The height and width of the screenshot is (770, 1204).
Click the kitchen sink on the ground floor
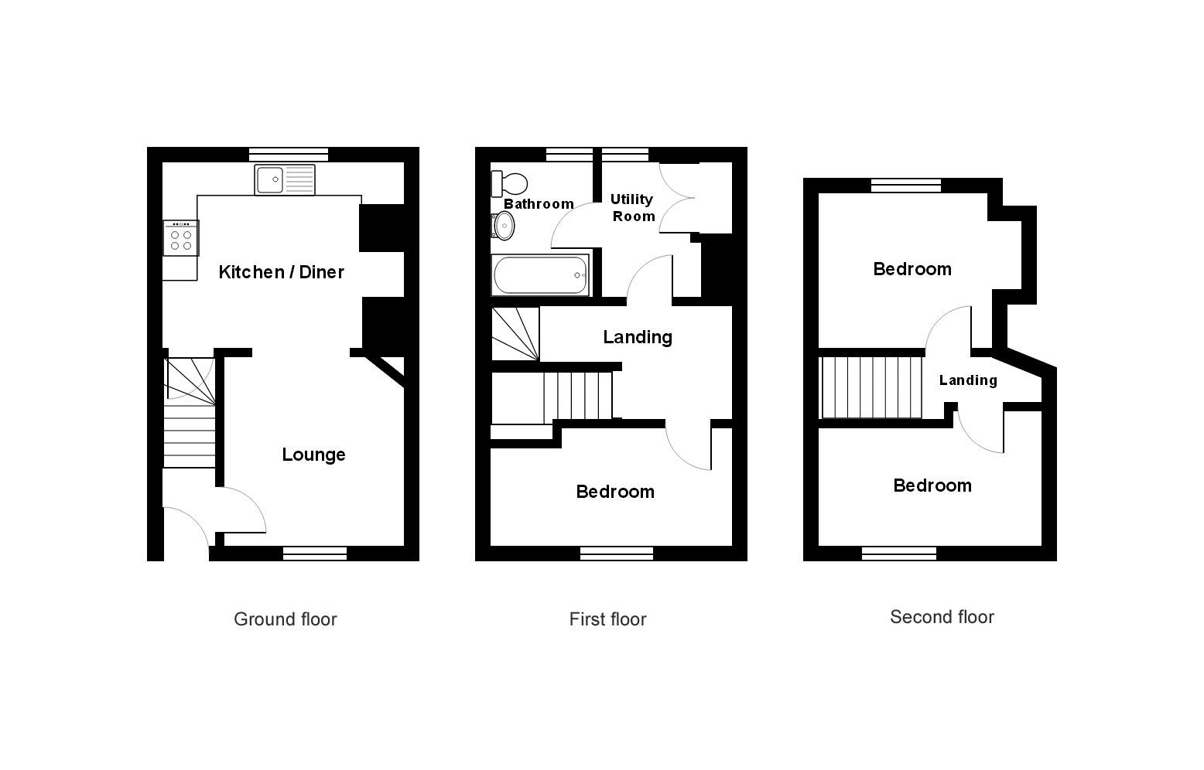click(x=284, y=179)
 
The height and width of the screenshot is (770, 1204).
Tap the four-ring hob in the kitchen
click(x=181, y=238)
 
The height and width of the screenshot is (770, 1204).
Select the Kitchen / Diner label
click(x=281, y=272)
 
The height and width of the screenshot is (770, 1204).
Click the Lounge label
click(x=313, y=455)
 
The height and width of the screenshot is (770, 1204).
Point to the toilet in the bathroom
click(x=509, y=184)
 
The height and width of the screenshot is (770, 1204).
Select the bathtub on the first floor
click(x=540, y=275)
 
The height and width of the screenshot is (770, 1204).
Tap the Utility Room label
click(x=633, y=208)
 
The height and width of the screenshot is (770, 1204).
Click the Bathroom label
click(x=539, y=204)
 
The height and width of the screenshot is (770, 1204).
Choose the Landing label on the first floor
click(x=638, y=337)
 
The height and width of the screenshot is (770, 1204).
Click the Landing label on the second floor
click(x=968, y=380)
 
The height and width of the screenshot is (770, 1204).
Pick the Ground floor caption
click(x=286, y=619)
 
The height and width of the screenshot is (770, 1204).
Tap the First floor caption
click(x=608, y=619)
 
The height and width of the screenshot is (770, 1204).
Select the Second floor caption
click(x=942, y=617)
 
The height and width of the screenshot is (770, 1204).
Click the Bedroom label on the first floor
click(x=615, y=492)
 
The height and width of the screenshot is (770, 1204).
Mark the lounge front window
click(x=315, y=554)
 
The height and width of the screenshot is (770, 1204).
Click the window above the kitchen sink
click(x=289, y=154)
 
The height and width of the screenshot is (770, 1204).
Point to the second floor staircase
click(x=871, y=387)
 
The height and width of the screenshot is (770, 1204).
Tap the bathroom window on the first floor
click(x=570, y=154)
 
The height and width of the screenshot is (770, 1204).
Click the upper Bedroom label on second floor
click(x=912, y=269)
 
